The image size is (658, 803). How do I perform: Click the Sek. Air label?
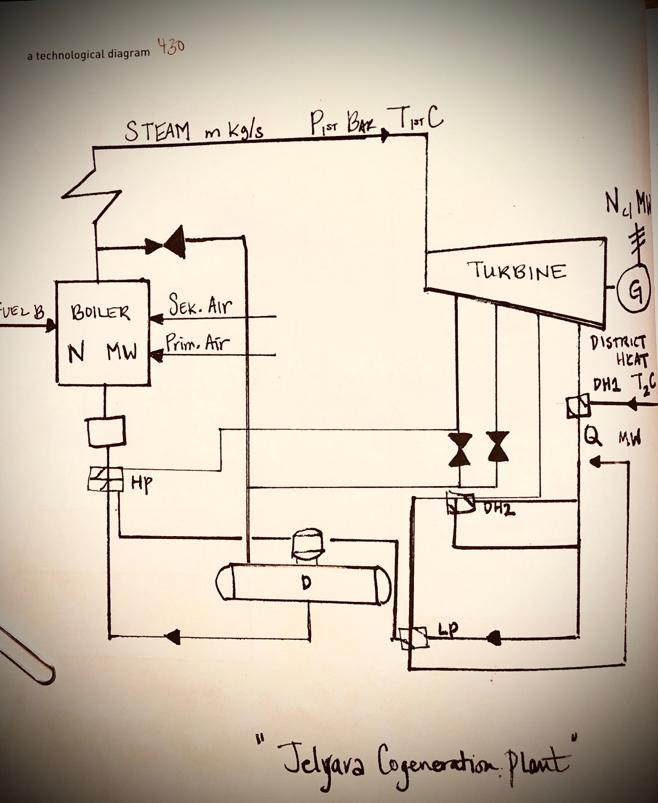point(200,305)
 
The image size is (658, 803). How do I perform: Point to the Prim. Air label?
point(198,344)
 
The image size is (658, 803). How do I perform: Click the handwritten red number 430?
point(171,47)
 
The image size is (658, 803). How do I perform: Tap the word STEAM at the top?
point(157,132)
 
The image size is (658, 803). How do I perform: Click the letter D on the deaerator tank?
point(305,583)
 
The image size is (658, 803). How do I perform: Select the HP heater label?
point(141,483)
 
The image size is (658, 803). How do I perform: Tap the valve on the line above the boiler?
point(167,244)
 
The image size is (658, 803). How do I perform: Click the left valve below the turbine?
point(459,449)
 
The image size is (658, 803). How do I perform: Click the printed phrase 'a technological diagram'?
point(88,54)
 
